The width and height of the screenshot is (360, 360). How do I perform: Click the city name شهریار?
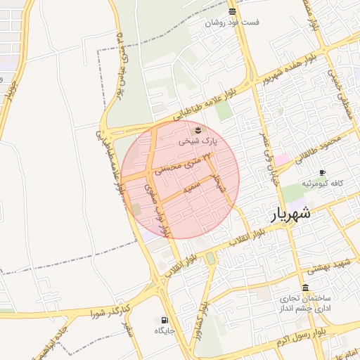pos(291,213)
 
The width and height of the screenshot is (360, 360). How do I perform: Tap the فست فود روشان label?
pos(232,22)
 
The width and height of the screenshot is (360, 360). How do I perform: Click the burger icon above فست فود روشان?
pos(232,11)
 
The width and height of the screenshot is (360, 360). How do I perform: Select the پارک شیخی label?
pos(198,141)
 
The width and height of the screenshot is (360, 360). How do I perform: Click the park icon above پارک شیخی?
pos(198,130)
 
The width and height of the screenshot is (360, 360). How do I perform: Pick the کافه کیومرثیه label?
pos(323,184)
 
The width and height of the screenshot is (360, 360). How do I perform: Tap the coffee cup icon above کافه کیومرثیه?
pos(323,172)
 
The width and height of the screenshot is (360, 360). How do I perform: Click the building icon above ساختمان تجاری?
pos(305,288)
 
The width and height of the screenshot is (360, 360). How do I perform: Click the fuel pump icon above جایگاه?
pos(165,319)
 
